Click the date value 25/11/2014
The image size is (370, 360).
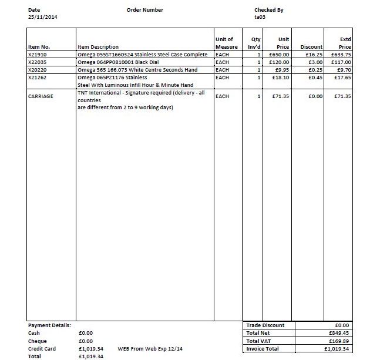coord(43,17)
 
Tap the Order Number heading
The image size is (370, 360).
coord(144,9)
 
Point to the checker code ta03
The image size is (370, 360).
coord(260,17)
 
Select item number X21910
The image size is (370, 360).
coord(38,54)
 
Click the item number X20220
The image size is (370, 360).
coord(38,69)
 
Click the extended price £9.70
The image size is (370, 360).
coord(343,69)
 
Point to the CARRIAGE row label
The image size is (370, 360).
coord(41,96)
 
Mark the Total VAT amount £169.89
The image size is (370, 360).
coord(339,341)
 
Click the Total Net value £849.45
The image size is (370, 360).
coord(339,333)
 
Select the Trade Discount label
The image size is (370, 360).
coord(265,325)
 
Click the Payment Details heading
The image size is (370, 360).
coord(49,325)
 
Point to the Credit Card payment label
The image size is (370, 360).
coord(42,348)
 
